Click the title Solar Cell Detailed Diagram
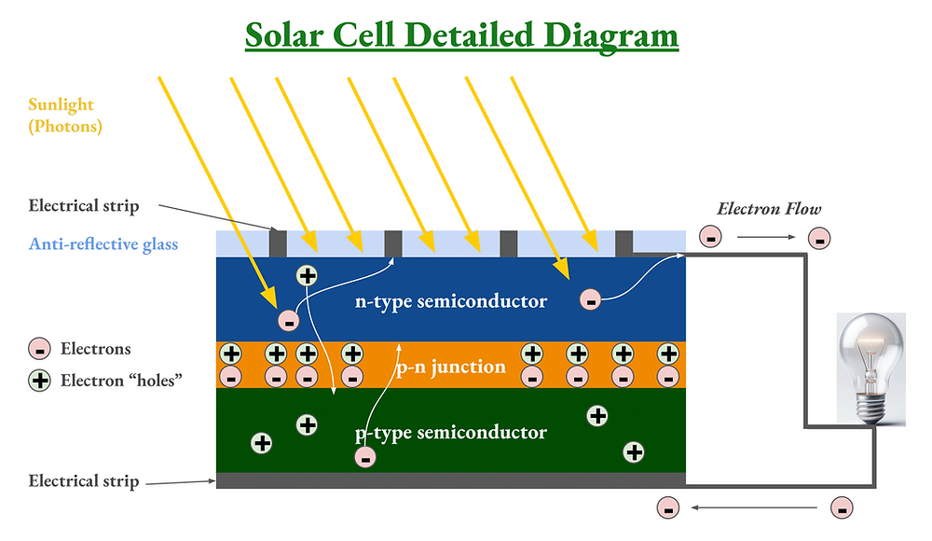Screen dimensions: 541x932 click(x=461, y=35)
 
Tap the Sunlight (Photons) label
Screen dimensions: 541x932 click(x=64, y=116)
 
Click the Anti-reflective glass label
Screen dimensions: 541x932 click(x=103, y=244)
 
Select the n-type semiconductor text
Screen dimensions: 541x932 click(x=451, y=301)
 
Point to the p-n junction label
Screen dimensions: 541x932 click(x=450, y=366)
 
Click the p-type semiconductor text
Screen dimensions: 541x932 click(x=451, y=433)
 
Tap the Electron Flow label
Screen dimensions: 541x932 click(x=769, y=209)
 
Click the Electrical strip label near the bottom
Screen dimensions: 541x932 click(x=84, y=481)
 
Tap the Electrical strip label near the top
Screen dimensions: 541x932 click(x=84, y=205)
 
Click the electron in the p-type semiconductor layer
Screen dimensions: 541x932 click(x=365, y=457)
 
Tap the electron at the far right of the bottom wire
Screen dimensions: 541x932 click(x=842, y=508)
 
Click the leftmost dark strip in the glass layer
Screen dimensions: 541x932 click(x=278, y=243)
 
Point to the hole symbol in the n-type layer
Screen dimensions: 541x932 click(x=308, y=275)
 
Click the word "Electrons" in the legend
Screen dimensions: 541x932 click(x=96, y=350)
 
